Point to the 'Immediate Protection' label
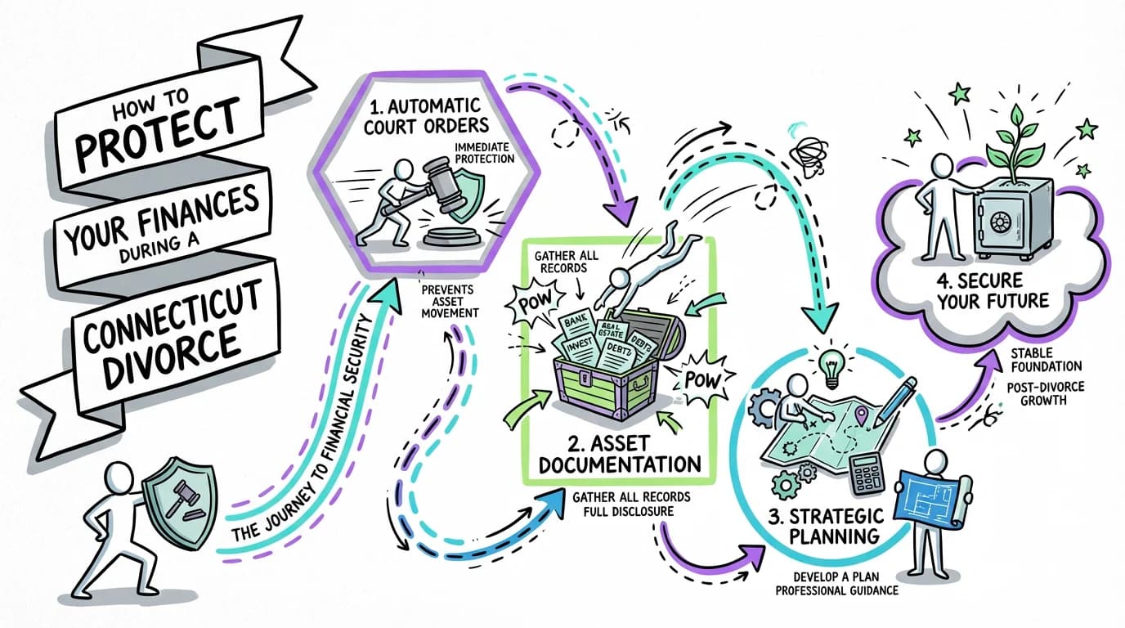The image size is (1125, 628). (x=486, y=152)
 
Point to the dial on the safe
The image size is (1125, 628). (x=1001, y=222)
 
